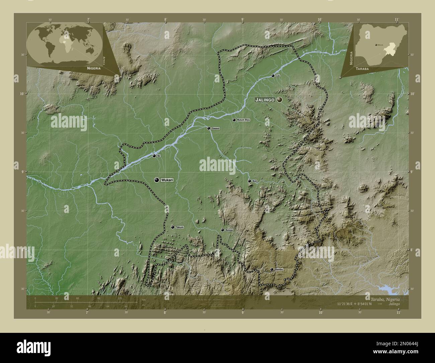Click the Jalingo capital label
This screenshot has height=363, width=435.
click(265, 100)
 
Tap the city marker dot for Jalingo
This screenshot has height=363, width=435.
click(279, 99)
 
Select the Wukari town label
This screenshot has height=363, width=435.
click(167, 180)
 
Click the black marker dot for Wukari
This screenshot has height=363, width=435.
click(157, 180)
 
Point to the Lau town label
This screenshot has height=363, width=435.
click(278, 76)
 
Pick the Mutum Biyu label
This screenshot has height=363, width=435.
click(243, 120)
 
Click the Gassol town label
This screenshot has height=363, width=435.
click(215, 128)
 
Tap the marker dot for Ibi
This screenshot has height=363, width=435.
click(154, 156)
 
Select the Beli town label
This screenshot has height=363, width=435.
click(255, 181)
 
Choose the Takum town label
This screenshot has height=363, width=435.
click(180, 227)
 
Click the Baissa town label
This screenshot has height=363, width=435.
click(229, 230)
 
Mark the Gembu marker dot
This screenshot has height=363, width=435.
click(272, 269)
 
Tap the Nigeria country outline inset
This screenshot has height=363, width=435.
click(382, 43)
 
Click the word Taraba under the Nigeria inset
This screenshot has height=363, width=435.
click(363, 68)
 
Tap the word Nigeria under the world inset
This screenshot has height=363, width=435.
click(94, 68)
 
